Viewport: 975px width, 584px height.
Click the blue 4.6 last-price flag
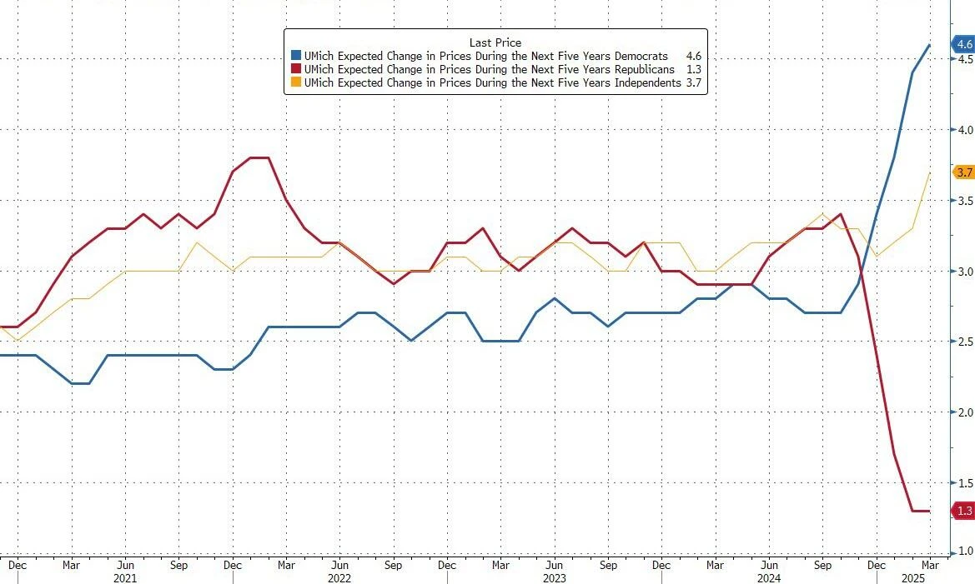point(963,44)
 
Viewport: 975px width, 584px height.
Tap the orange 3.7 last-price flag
point(963,172)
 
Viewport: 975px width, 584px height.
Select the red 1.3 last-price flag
point(963,511)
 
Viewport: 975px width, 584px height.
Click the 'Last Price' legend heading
point(495,42)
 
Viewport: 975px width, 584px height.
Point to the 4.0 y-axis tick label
point(965,130)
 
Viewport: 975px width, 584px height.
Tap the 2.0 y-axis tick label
point(965,412)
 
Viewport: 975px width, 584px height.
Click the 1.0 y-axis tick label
point(965,552)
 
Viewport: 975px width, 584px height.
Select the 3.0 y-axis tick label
point(965,272)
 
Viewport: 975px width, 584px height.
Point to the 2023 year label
point(553,577)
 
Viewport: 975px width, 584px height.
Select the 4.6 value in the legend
point(692,56)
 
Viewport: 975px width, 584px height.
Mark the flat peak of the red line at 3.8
point(259,157)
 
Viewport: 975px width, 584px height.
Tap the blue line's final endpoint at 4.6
point(930,45)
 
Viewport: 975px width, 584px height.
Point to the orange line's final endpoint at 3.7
point(930,172)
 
